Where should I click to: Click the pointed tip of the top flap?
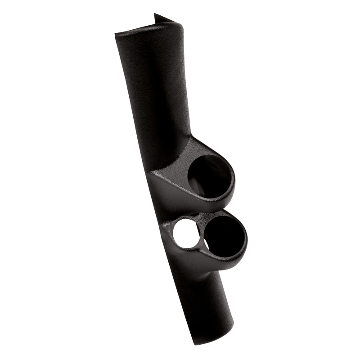pos(155,14)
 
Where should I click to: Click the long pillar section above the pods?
pos(153,90)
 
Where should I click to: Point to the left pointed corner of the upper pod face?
pos(151,173)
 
